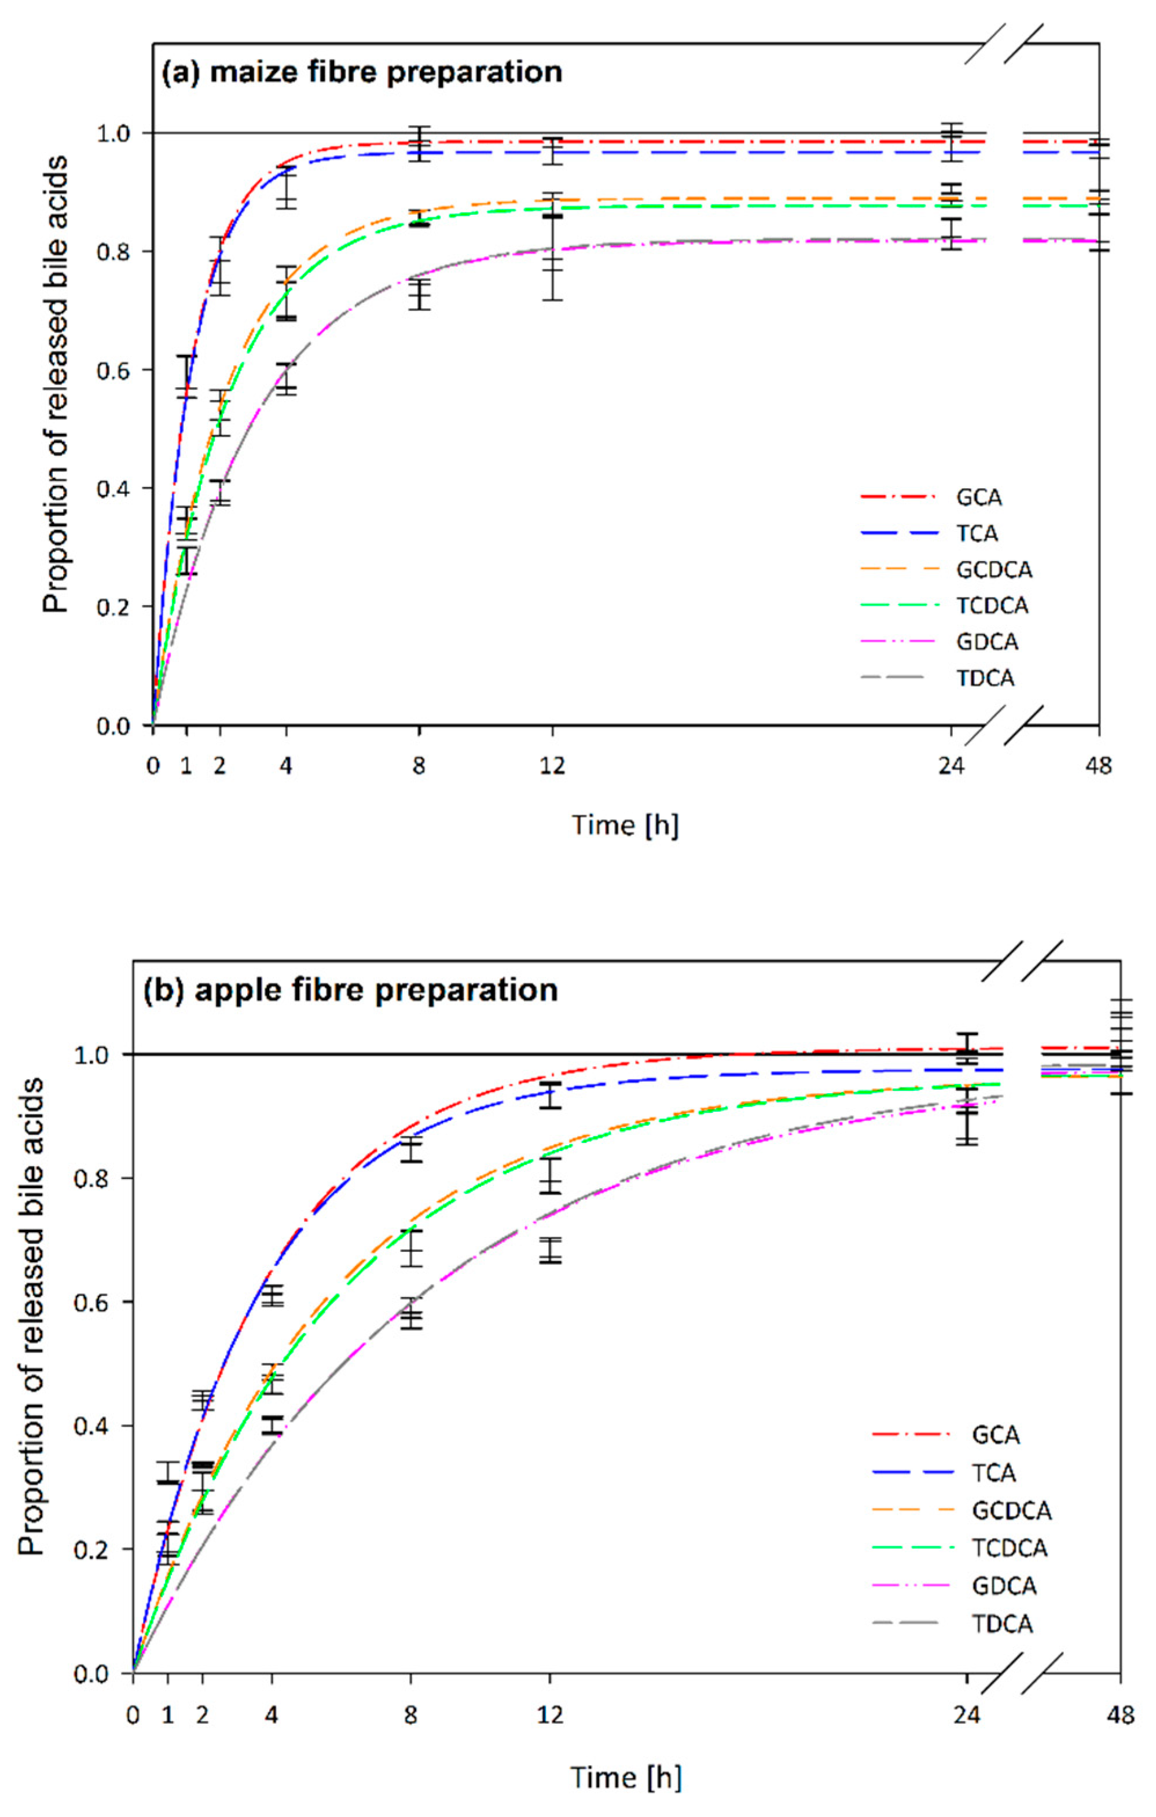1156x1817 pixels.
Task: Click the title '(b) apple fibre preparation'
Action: pyautogui.click(x=350, y=988)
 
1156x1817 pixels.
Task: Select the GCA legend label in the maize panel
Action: pyautogui.click(x=979, y=498)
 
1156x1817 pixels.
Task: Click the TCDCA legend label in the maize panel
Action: pyautogui.click(x=992, y=606)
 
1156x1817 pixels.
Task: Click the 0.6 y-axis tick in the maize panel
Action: pyautogui.click(x=113, y=371)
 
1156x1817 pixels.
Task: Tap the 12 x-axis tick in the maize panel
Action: pyautogui.click(x=552, y=766)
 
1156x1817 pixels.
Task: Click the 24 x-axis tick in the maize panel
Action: pyautogui.click(x=951, y=766)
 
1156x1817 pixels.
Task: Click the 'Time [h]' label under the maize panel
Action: pyautogui.click(x=625, y=825)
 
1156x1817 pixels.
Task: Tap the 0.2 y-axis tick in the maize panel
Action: pyautogui.click(x=113, y=607)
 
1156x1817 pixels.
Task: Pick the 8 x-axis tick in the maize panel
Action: pyautogui.click(x=419, y=766)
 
